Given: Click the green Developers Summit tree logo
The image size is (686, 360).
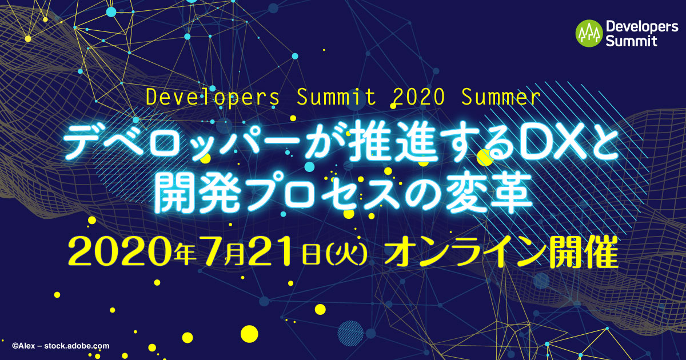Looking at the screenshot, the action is tap(589, 33).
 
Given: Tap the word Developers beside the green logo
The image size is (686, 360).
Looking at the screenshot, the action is tap(642, 27).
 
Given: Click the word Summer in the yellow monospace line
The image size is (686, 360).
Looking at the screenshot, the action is tap(501, 97).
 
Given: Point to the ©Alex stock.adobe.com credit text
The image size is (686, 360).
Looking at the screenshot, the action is tap(61, 346).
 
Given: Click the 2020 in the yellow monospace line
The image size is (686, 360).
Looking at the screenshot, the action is tap(418, 97).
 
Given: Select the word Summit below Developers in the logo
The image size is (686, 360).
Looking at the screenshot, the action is tap(631, 41).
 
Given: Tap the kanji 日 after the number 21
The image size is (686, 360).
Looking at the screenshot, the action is tap(311, 255).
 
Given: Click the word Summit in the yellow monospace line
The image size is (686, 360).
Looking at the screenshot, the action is tap(336, 97).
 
